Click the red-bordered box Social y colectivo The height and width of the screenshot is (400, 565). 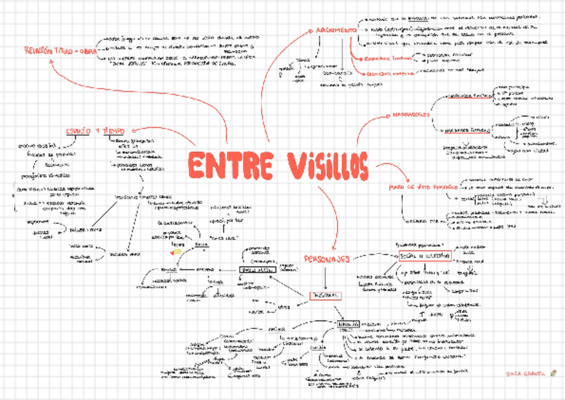(x=425, y=256)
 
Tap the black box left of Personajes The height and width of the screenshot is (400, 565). (x=257, y=271)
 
